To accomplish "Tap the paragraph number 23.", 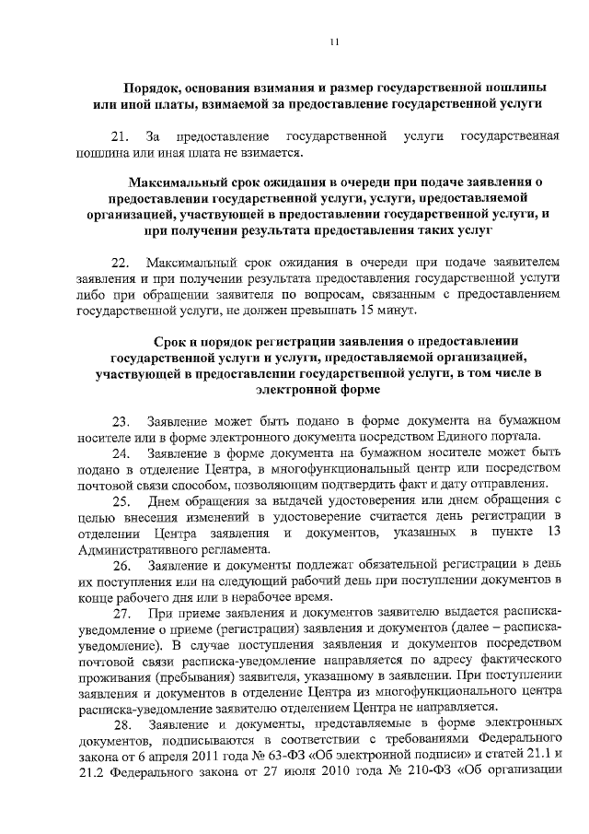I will tap(121, 419).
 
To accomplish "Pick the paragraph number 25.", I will tap(121, 501).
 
